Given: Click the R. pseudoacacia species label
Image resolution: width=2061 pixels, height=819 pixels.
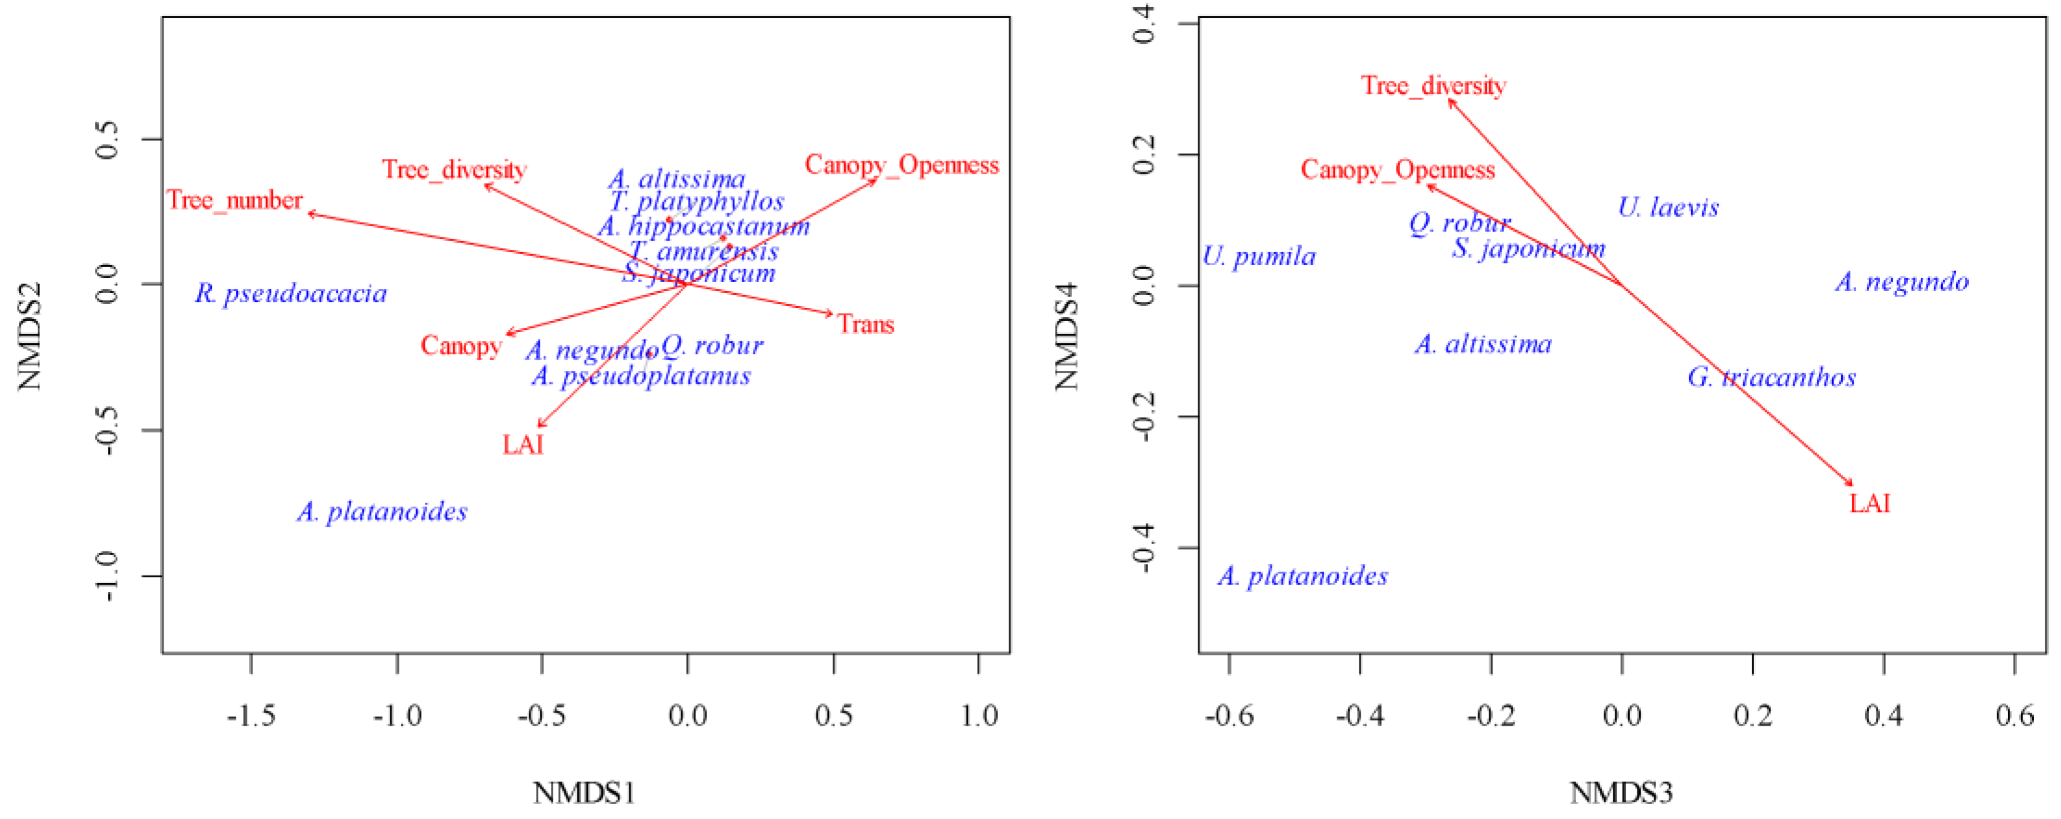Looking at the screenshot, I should click(x=292, y=294).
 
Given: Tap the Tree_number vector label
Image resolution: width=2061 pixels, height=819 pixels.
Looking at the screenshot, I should click(x=235, y=200).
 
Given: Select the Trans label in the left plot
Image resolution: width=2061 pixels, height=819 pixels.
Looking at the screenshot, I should click(x=866, y=325).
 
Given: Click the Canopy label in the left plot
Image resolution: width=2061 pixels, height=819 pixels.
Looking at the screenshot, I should click(x=461, y=346).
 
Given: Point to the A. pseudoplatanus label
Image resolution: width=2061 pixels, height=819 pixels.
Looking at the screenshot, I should click(x=642, y=376).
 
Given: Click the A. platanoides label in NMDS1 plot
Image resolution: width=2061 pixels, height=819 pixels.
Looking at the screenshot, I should click(x=382, y=512).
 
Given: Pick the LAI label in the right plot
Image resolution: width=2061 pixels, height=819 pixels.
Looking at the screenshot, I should click(x=1870, y=504).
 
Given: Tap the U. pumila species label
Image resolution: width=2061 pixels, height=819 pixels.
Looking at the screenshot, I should click(x=1259, y=257).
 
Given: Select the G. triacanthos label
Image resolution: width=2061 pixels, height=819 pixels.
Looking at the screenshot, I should click(x=1771, y=378).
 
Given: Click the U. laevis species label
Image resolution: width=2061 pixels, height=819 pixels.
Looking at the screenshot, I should click(x=1668, y=208).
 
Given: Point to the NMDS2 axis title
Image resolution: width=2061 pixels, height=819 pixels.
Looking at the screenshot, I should click(x=29, y=336).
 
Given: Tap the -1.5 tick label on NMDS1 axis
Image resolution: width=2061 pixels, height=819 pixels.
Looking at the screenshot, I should click(x=251, y=715).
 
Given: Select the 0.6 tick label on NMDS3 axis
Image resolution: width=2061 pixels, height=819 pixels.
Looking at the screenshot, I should click(x=2015, y=715).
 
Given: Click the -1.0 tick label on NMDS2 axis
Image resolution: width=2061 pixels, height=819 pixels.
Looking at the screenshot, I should click(x=106, y=577).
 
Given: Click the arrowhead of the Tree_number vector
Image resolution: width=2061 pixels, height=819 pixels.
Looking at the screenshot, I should click(x=311, y=213).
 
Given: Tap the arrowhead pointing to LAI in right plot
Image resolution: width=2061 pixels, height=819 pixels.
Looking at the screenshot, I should click(x=1850, y=483).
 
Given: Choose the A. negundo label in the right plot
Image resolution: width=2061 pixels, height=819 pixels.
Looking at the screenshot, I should click(x=1902, y=282).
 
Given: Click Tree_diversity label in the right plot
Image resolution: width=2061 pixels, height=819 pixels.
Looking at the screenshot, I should click(x=1433, y=86).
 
